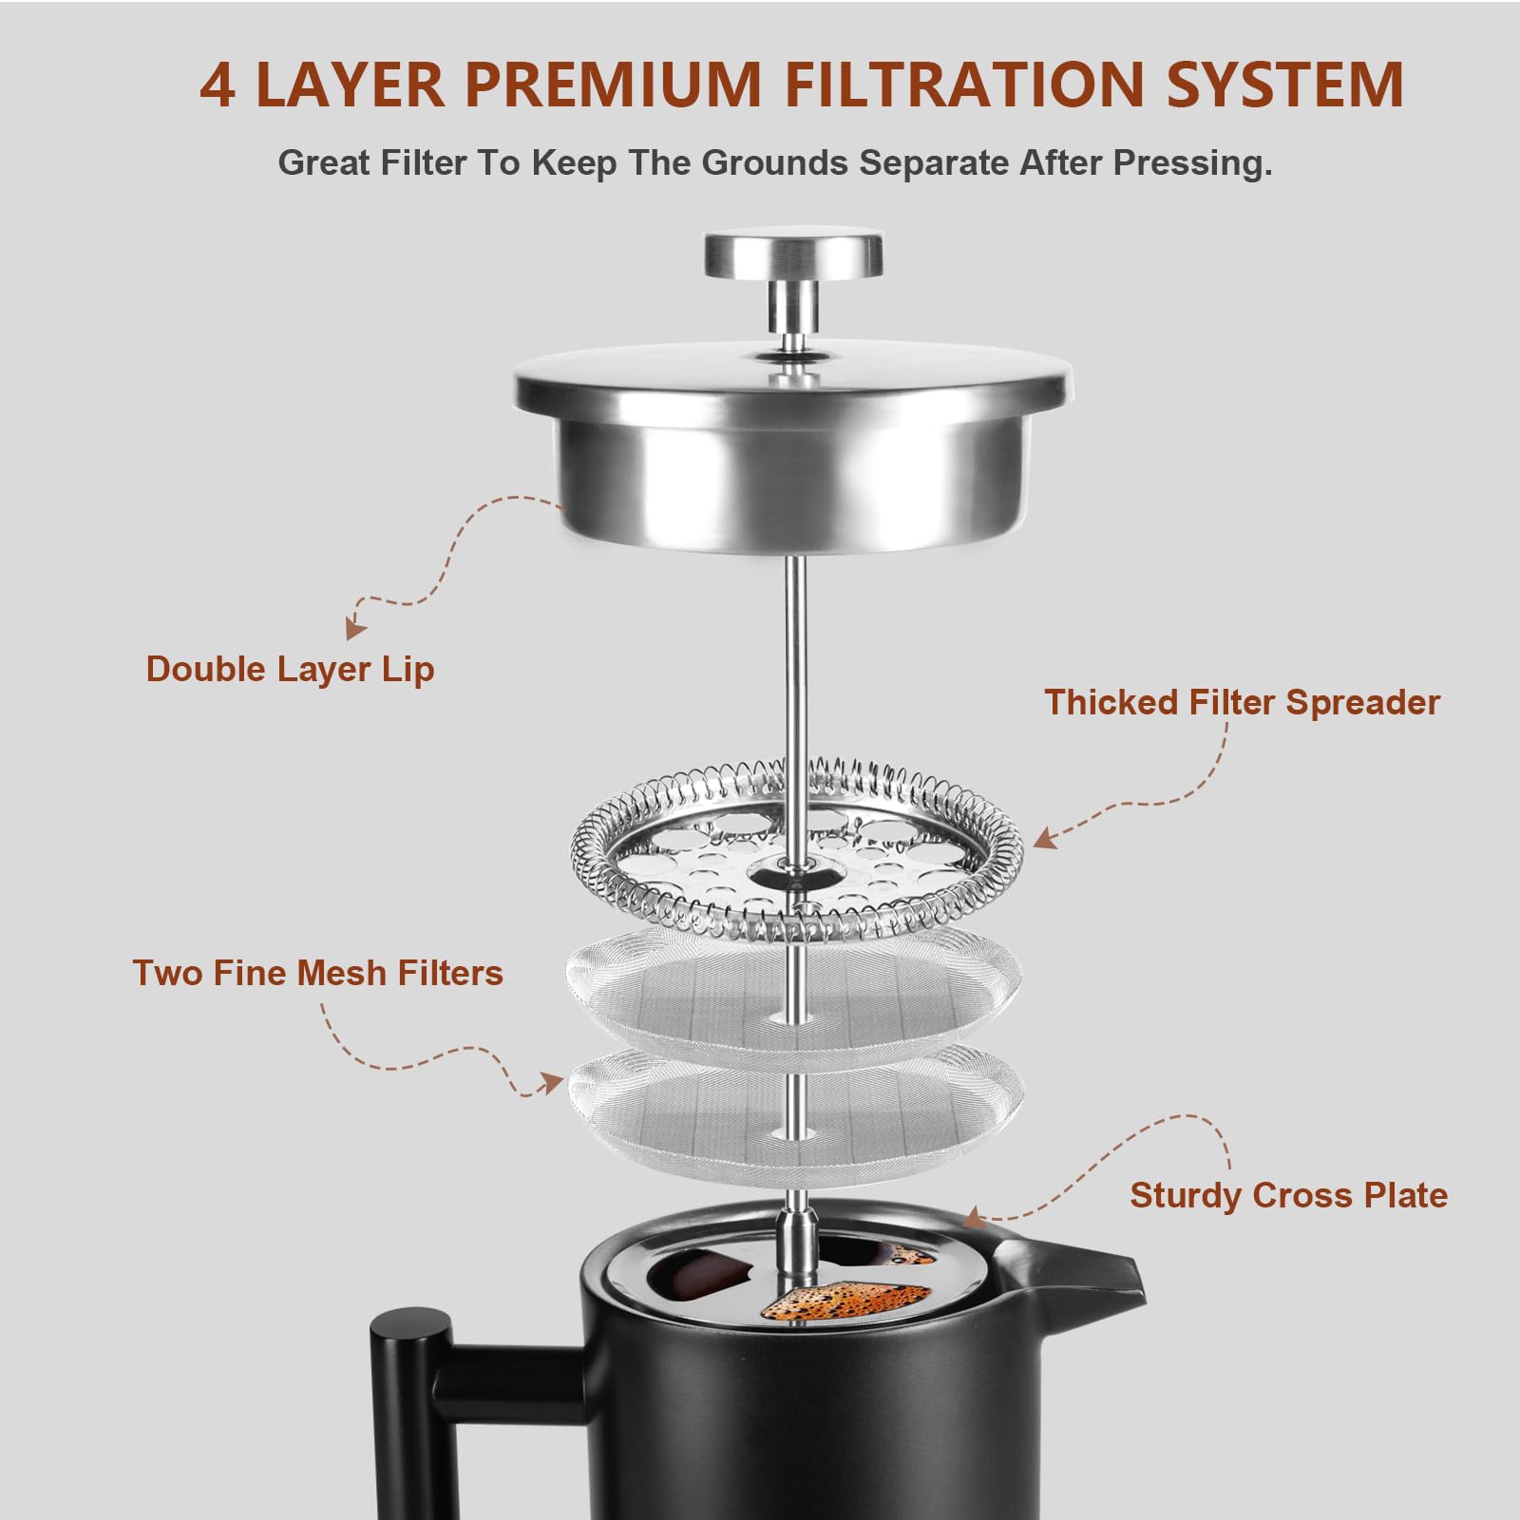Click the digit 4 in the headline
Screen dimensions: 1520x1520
(218, 85)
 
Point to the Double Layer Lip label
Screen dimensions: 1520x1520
(290, 670)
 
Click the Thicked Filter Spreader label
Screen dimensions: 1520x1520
(1242, 703)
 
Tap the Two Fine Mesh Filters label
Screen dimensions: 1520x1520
(317, 974)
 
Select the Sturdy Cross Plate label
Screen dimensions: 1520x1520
(1288, 1195)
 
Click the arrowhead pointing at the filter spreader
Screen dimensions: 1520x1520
(1044, 839)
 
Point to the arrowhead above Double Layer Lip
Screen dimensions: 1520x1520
(354, 629)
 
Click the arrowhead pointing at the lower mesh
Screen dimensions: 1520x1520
(551, 1083)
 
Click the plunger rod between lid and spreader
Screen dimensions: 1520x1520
(796, 665)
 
